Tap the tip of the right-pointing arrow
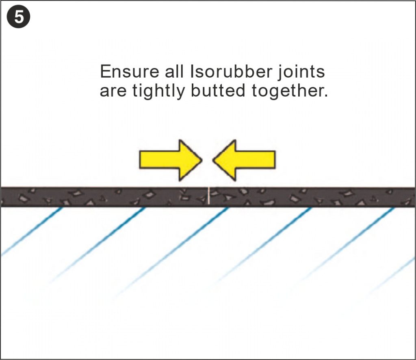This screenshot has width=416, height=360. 201,160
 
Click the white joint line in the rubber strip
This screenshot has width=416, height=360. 209,197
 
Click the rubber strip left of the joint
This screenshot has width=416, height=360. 102,197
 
